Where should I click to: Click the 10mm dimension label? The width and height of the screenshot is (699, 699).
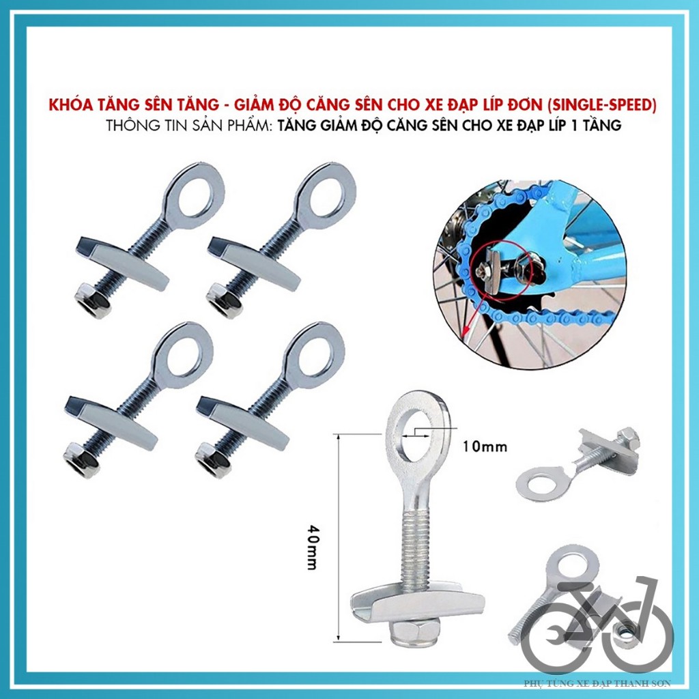click(x=485, y=448)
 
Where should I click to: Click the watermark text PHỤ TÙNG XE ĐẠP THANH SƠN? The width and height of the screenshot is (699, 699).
click(x=597, y=683)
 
